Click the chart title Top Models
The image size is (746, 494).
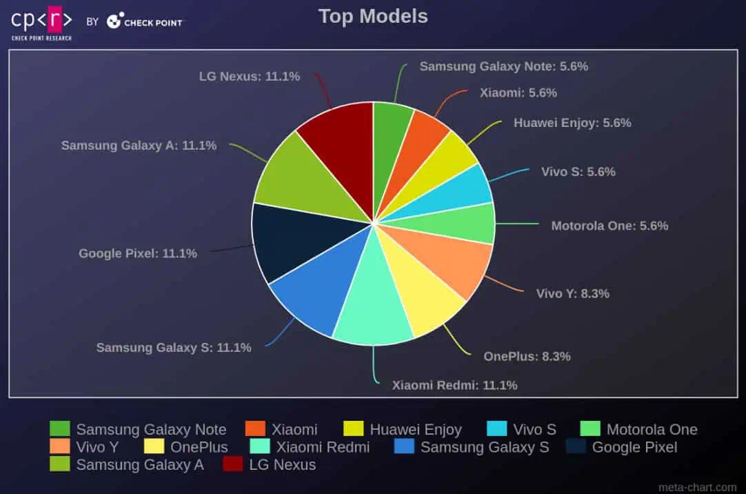click(x=373, y=17)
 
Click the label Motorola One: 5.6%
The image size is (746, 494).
click(x=609, y=226)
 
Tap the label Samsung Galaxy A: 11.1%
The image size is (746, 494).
click(x=139, y=146)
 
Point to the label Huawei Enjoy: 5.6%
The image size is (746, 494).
click(x=572, y=123)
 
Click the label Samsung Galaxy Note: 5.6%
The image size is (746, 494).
click(x=503, y=66)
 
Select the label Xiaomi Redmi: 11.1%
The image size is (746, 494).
click(x=454, y=385)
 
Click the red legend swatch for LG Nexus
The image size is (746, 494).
click(x=232, y=464)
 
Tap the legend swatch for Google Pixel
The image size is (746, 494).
click(x=576, y=447)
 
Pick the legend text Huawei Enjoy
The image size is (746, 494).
click(x=416, y=429)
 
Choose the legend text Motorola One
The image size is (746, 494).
click(x=652, y=429)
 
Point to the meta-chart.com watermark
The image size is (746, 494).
click(x=697, y=487)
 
